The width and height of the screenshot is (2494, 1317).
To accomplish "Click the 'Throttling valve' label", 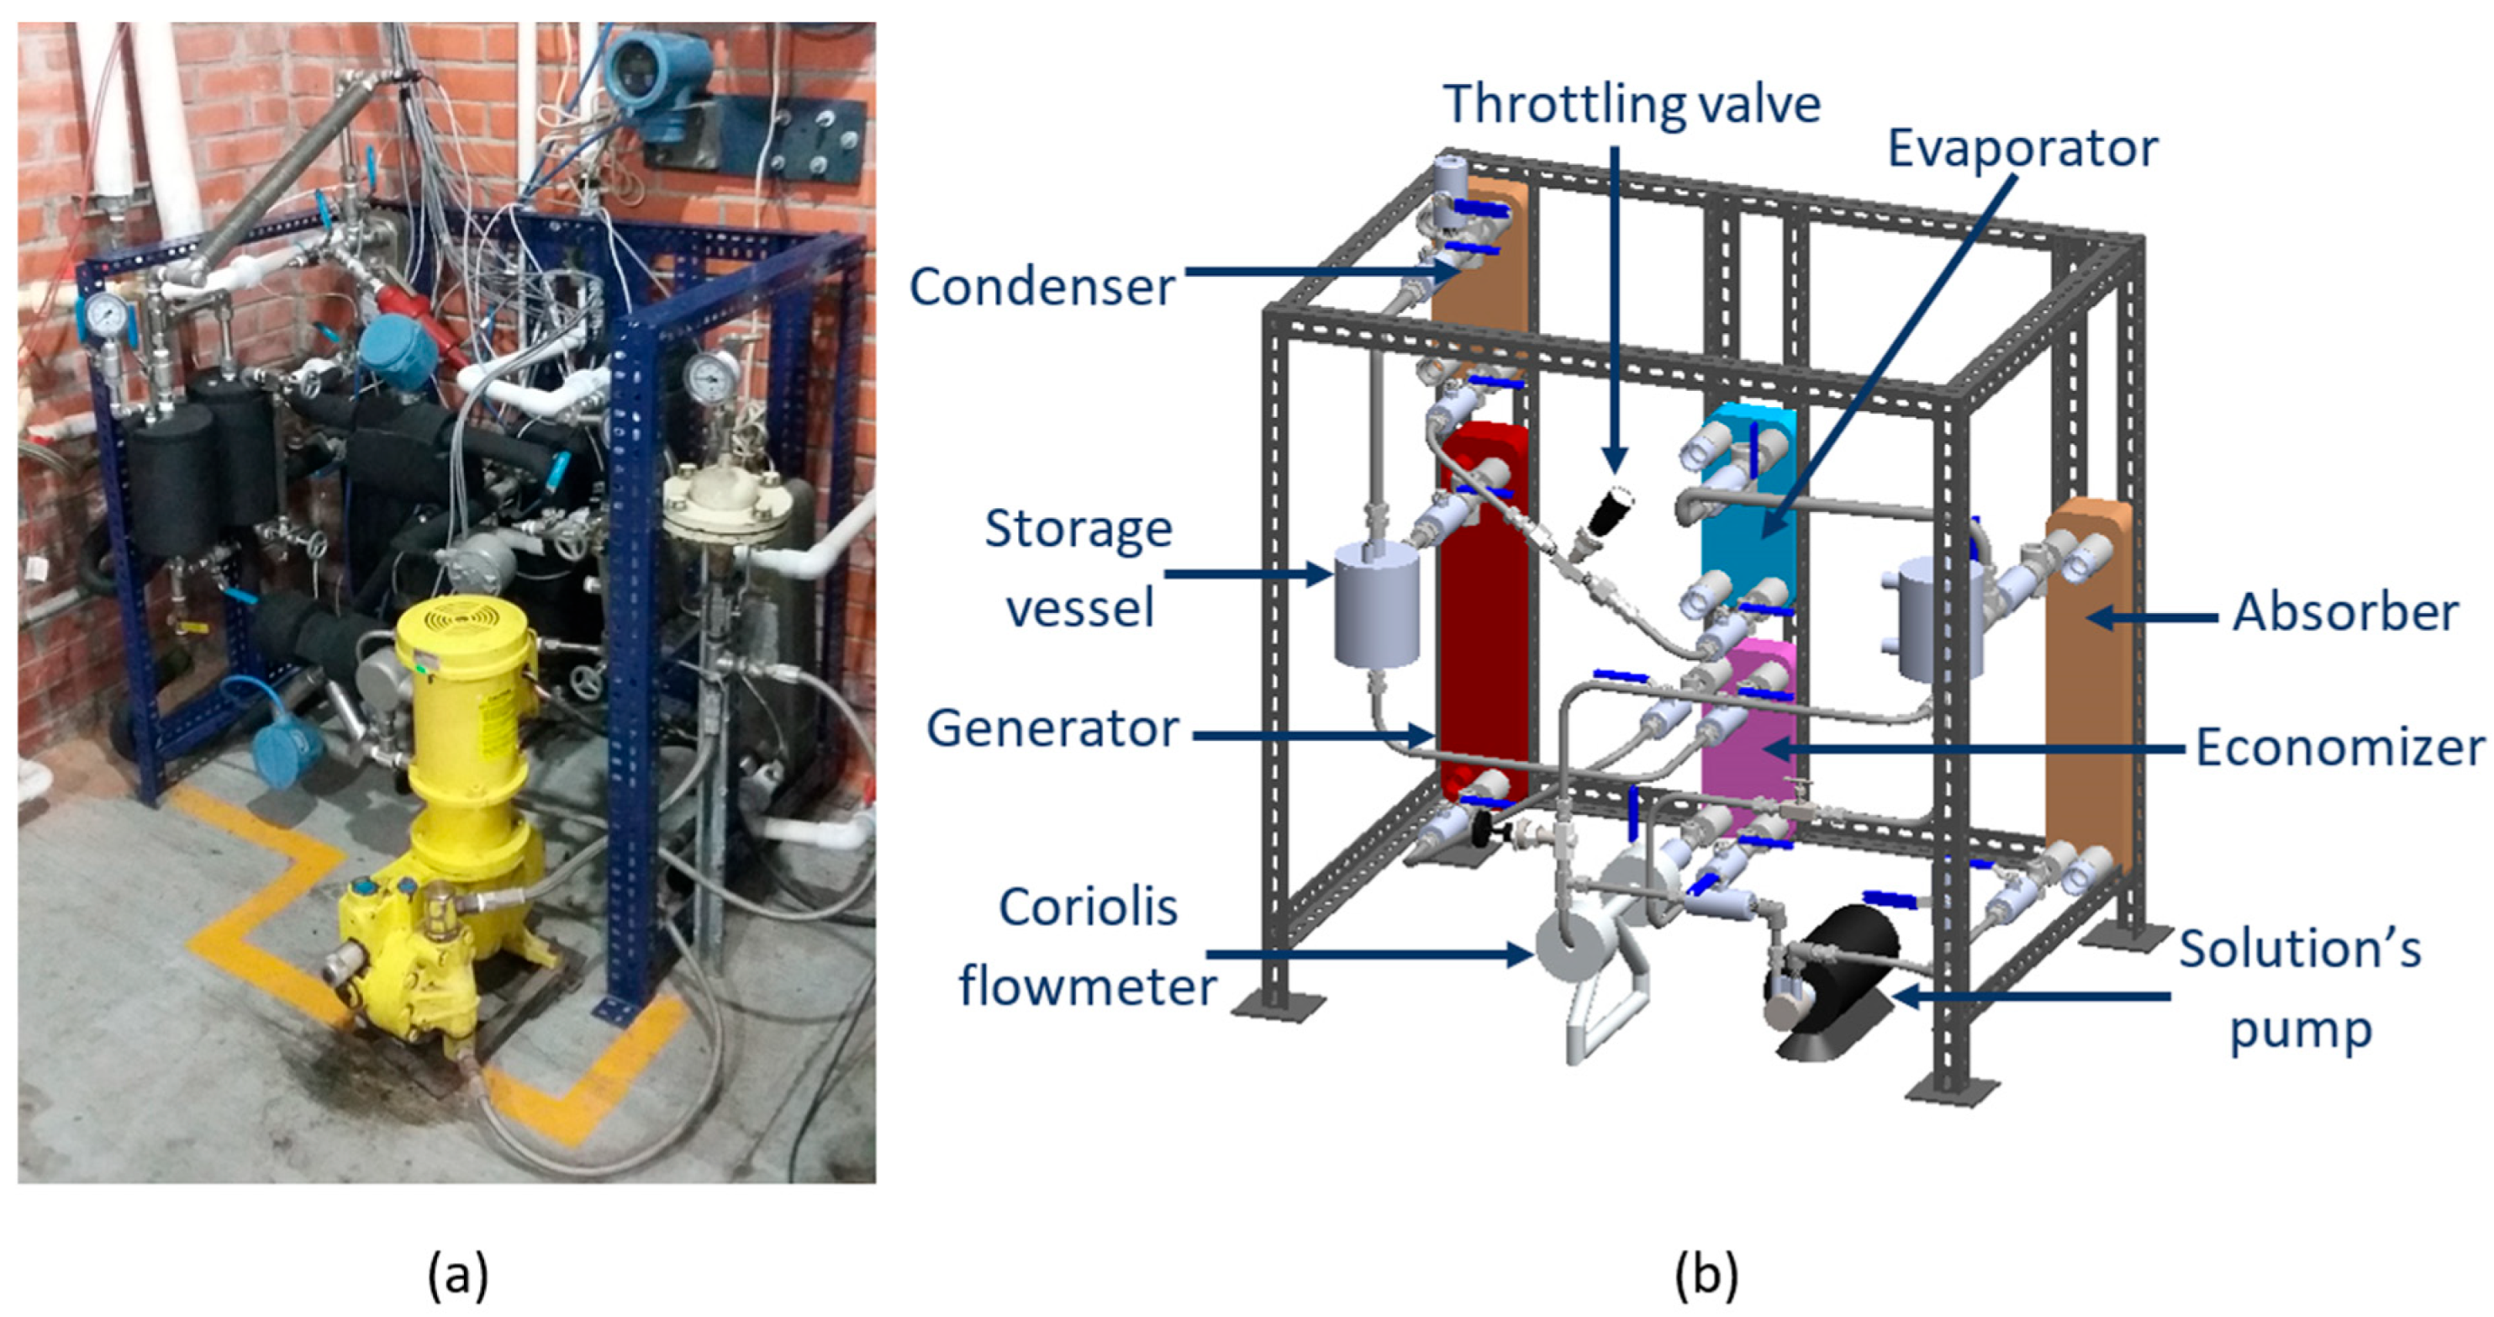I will tap(1632, 103).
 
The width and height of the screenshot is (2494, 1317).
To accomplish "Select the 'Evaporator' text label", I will tap(2022, 149).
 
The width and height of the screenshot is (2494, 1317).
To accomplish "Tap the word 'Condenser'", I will tap(1041, 287).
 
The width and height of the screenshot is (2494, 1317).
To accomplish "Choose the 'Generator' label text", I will tap(1052, 728).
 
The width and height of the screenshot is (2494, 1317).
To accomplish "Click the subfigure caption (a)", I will tap(457, 1274).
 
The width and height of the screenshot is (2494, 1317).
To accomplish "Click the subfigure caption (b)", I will tap(1705, 1274).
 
